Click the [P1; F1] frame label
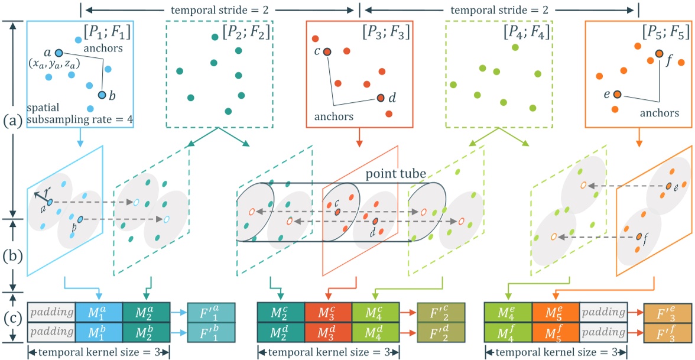109,30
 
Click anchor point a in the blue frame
59,53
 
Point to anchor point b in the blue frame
102,95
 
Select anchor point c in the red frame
327,52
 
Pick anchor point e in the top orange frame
617,95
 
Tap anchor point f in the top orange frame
659,54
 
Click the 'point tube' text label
389,175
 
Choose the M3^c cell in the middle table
328,312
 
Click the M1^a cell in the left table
99,312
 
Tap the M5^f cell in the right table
556,333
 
